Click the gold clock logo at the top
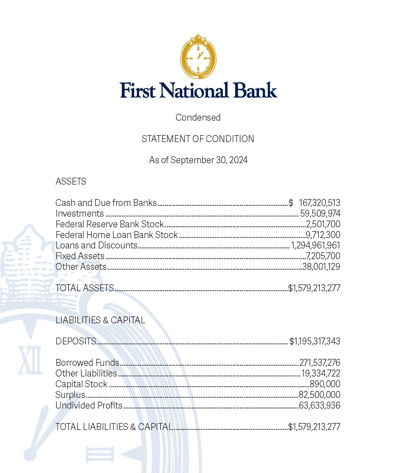(x=198, y=57)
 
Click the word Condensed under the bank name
(x=198, y=117)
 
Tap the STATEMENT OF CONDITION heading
(x=198, y=139)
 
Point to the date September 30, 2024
(x=209, y=160)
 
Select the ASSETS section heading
(x=71, y=181)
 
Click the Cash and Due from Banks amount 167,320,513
(x=319, y=203)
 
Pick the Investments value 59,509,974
(x=320, y=214)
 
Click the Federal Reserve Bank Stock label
(x=110, y=224)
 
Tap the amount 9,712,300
(x=323, y=235)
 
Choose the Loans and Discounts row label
(x=96, y=245)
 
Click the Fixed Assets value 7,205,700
(x=323, y=256)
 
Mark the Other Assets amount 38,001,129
(x=321, y=267)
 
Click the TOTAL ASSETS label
(x=85, y=288)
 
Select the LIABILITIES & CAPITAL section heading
(x=100, y=320)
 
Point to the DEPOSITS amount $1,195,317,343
(x=315, y=341)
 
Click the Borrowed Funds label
(x=87, y=363)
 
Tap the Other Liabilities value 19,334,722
(x=321, y=373)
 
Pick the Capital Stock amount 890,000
(x=325, y=384)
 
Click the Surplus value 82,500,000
(x=320, y=395)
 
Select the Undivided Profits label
(x=89, y=406)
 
